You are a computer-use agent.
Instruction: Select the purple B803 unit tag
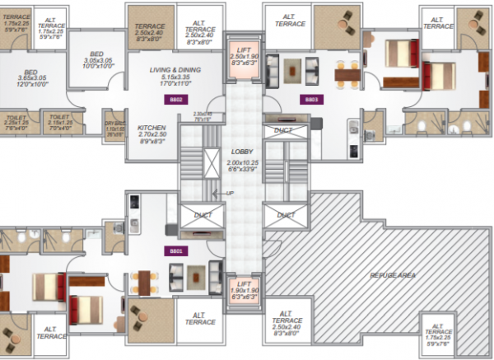pos(311,99)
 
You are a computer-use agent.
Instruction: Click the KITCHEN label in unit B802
pos(151,128)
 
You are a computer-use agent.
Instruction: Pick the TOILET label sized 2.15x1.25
pos(58,118)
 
